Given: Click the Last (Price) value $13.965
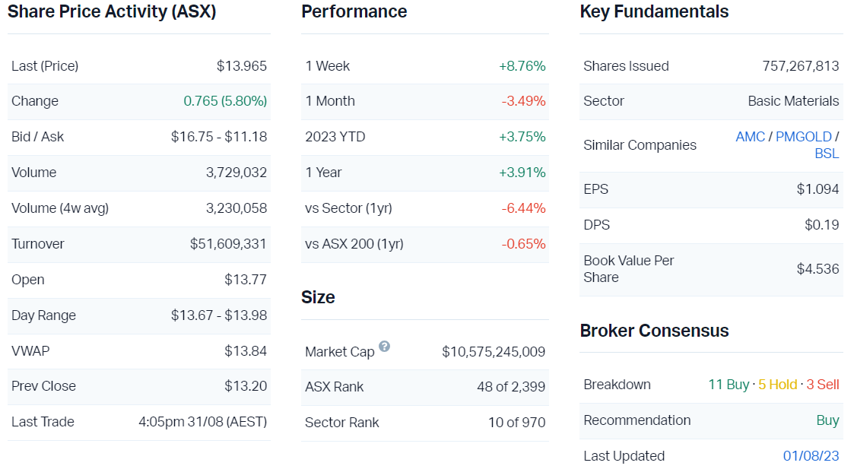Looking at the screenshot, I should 241,66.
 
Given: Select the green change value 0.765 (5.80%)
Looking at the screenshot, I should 225,101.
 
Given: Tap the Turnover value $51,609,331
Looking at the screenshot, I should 228,244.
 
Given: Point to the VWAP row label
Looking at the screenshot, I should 30,350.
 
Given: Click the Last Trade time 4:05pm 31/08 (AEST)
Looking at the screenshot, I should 202,422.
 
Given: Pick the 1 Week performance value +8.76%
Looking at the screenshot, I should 522,66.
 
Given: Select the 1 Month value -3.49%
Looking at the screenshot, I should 523,101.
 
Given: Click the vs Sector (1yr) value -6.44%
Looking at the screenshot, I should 523,208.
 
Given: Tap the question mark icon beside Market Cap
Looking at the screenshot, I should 384,347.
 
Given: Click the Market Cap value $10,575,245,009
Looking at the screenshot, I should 494,352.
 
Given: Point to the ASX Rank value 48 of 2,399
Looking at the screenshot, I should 511,387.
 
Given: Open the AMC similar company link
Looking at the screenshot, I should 750,137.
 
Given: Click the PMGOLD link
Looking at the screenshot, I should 804,137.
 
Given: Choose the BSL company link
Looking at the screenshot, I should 827,154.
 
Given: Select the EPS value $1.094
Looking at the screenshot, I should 817,189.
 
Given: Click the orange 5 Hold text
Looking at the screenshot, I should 778,385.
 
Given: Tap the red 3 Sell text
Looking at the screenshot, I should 823,385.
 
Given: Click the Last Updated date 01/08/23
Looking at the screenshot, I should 811,456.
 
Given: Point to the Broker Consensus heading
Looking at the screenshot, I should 654,331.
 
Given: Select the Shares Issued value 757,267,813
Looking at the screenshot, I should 800,66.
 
